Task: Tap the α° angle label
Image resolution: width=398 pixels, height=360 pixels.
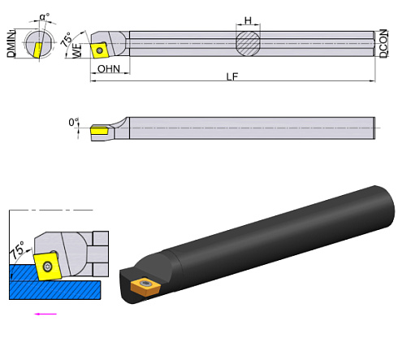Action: click(44, 16)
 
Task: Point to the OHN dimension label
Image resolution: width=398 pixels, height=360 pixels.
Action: click(109, 69)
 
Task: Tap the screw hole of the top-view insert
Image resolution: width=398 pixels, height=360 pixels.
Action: click(99, 50)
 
